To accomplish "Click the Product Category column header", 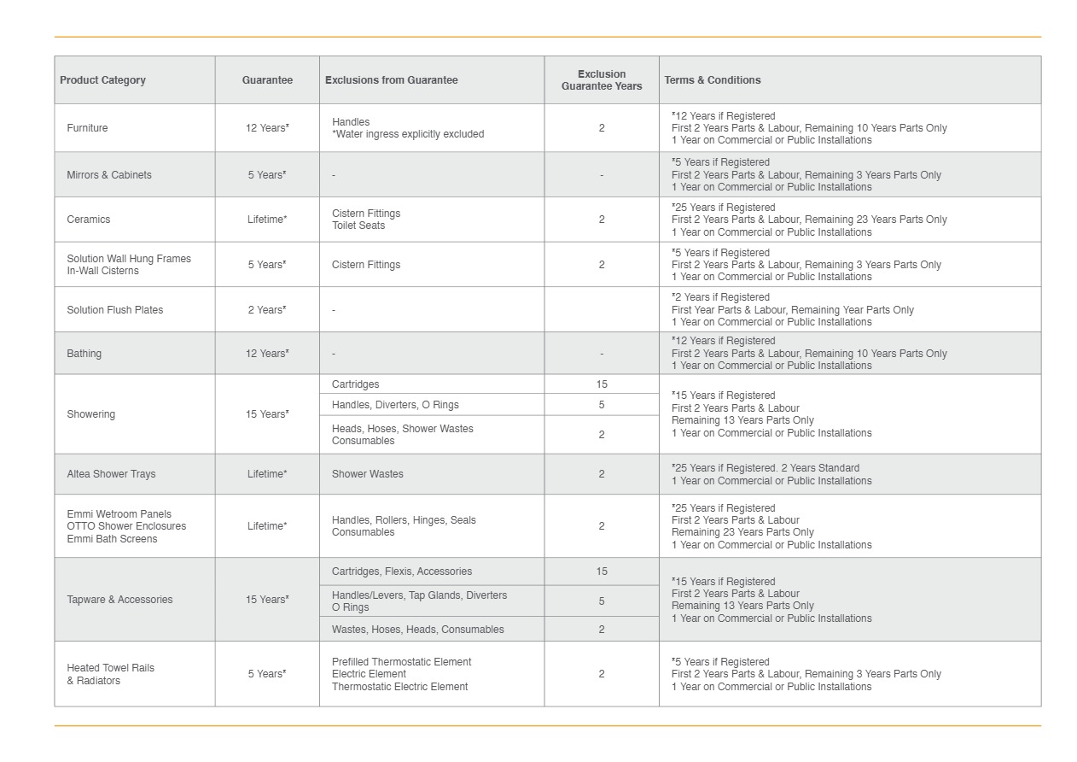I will pyautogui.click(x=102, y=80).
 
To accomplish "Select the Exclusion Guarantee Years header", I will pyautogui.click(x=602, y=80).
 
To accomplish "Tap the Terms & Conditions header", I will pyautogui.click(x=713, y=80).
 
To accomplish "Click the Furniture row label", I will pyautogui.click(x=87, y=128).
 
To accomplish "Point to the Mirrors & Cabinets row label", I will pyautogui.click(x=109, y=175).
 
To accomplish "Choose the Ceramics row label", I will pyautogui.click(x=89, y=220).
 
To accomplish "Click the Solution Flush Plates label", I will pyautogui.click(x=115, y=310).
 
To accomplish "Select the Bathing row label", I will pyautogui.click(x=84, y=354).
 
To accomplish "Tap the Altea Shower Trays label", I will pyautogui.click(x=111, y=474).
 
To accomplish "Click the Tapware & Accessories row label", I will pyautogui.click(x=119, y=600).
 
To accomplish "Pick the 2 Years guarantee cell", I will pyautogui.click(x=267, y=310).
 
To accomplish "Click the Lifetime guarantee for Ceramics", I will pyautogui.click(x=267, y=220).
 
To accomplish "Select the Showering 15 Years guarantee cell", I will pyautogui.click(x=267, y=414).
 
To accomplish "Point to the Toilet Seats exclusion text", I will pyautogui.click(x=358, y=226).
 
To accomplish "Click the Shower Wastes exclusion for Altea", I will pyautogui.click(x=368, y=474).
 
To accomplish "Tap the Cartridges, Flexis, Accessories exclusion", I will pyautogui.click(x=402, y=571).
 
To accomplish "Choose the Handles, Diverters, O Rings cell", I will pyautogui.click(x=395, y=405).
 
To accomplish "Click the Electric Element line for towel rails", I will pyautogui.click(x=369, y=674).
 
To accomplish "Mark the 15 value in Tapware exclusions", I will pyautogui.click(x=602, y=571).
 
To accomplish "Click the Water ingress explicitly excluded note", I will pyautogui.click(x=409, y=134).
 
